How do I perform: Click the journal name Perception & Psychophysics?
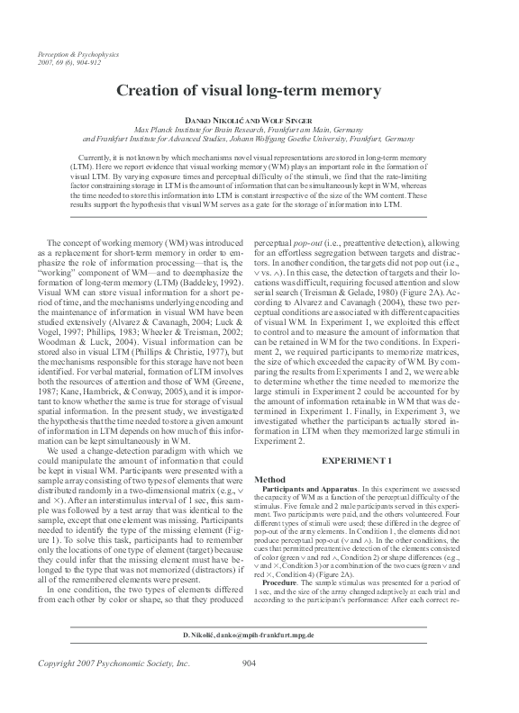point(71,56)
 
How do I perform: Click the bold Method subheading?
point(271,480)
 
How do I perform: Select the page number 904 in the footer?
point(253,689)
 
